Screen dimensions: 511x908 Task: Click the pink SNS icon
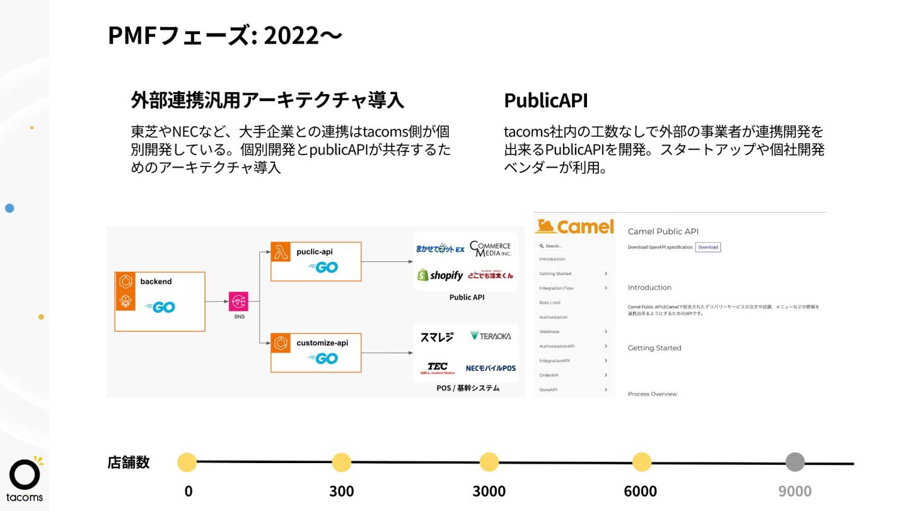click(x=240, y=302)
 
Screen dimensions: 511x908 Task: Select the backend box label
click(x=156, y=281)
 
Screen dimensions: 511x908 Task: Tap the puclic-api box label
click(x=315, y=251)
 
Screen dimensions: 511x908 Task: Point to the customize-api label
click(x=322, y=343)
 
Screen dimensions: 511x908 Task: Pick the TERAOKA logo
click(x=491, y=336)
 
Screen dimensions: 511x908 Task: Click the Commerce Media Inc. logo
click(x=491, y=249)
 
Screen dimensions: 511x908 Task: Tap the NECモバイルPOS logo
click(x=491, y=368)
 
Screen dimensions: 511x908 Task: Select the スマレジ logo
click(x=436, y=337)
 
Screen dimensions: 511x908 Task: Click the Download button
click(x=707, y=247)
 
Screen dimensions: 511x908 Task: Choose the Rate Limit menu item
click(x=550, y=303)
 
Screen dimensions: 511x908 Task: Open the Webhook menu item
click(x=549, y=332)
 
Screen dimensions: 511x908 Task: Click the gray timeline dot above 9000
click(x=795, y=462)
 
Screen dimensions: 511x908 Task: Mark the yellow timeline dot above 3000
click(x=489, y=462)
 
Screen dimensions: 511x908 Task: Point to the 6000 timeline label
click(x=640, y=491)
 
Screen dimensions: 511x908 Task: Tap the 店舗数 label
click(x=129, y=462)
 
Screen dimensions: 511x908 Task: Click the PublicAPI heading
click(x=546, y=100)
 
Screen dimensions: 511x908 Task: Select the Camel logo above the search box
click(x=574, y=226)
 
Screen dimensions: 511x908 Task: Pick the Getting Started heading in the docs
click(x=655, y=348)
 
